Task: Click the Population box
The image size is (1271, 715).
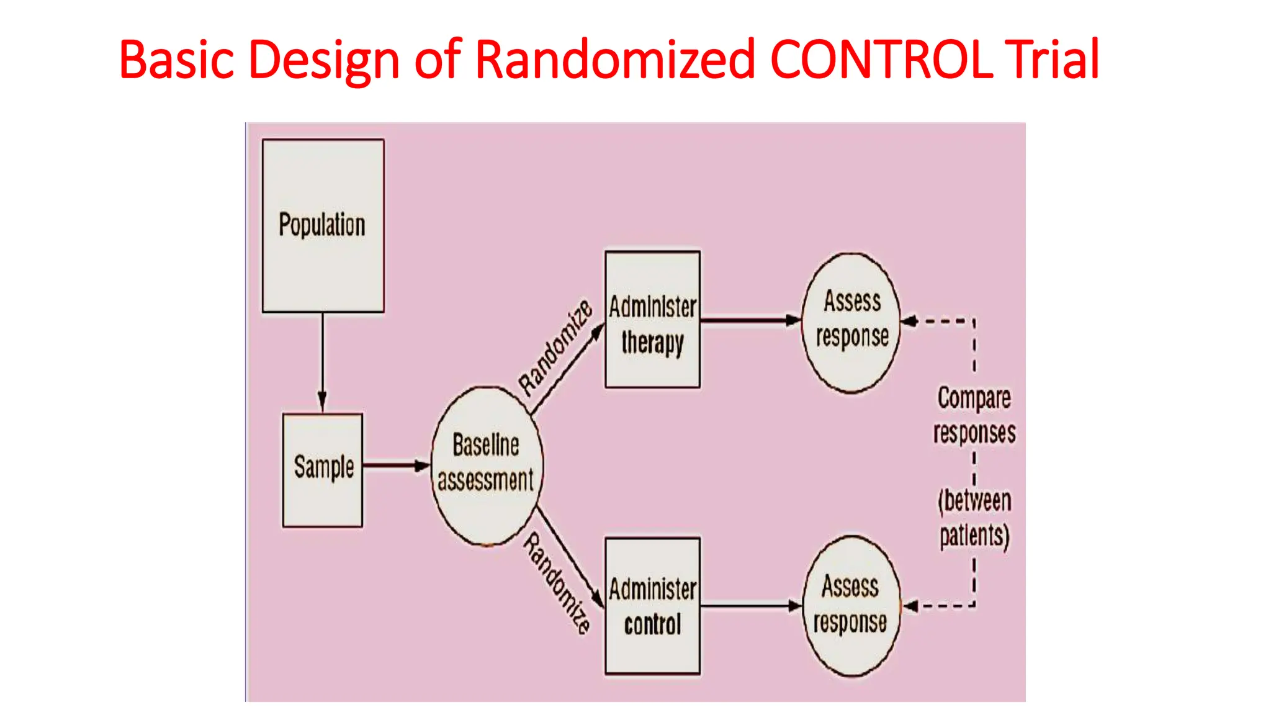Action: point(323,225)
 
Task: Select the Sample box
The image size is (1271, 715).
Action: point(323,470)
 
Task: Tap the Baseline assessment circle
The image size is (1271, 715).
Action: point(487,465)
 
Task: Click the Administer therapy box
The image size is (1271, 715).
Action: point(652,320)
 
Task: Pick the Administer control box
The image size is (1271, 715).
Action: point(652,606)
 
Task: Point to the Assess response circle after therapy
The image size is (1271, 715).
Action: point(851,322)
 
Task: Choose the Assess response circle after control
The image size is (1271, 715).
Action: point(851,606)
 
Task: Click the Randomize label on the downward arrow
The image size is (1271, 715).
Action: point(557,583)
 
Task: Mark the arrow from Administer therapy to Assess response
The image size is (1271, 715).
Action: point(751,320)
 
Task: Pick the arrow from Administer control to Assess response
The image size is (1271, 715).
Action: point(751,606)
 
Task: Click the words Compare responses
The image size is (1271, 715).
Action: point(974,415)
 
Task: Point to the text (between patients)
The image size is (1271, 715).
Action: point(974,518)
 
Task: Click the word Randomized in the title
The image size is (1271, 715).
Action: point(614,60)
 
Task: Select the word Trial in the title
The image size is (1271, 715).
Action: point(1052,60)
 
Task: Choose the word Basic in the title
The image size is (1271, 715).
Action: point(177,60)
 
